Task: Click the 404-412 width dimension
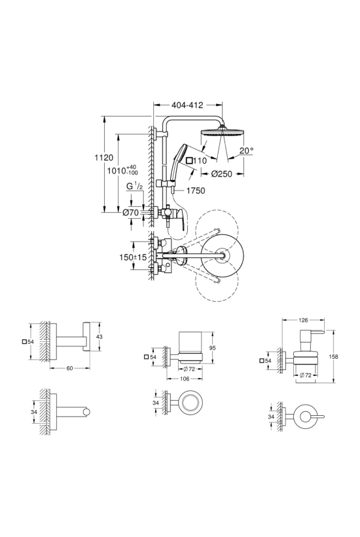click(x=187, y=105)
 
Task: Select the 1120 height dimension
click(x=104, y=158)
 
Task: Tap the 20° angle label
click(x=246, y=150)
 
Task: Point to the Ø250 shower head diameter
click(x=221, y=174)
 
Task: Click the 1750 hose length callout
click(x=196, y=191)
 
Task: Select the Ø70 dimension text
click(x=131, y=213)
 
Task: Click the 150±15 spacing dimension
click(x=133, y=257)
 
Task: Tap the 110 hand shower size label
click(x=196, y=160)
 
